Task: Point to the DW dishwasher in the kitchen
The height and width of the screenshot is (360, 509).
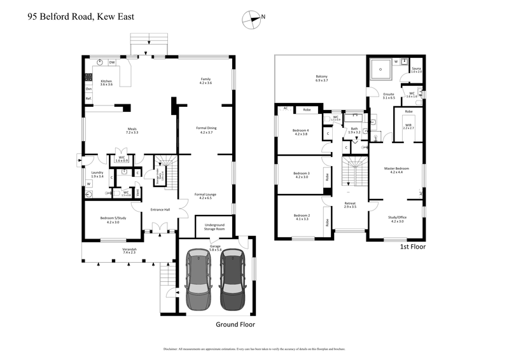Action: pos(112,62)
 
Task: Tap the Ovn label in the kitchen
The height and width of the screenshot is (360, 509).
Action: pos(88,89)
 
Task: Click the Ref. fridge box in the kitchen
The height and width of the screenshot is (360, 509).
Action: pos(89,99)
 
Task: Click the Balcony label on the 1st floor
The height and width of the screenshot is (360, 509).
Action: pos(321,78)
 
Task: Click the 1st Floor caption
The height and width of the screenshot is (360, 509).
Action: pos(412,246)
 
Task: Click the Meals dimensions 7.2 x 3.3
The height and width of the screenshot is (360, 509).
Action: pos(132,133)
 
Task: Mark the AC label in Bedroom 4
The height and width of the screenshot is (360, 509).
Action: pos(286,109)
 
